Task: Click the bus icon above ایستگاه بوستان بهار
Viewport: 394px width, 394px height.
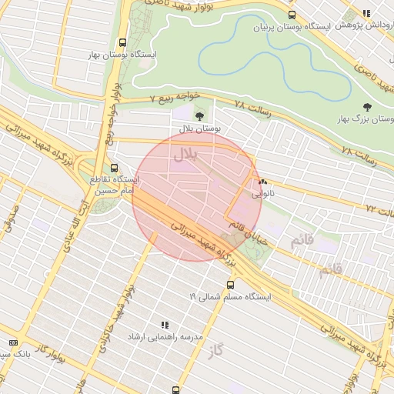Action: (x=123, y=43)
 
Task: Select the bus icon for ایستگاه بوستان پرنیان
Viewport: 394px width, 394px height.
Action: (x=291, y=15)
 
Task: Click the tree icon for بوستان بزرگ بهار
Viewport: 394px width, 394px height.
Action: (x=366, y=107)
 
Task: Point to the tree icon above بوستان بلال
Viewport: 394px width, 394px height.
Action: (x=200, y=116)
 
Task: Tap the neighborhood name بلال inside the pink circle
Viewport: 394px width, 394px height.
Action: (x=185, y=154)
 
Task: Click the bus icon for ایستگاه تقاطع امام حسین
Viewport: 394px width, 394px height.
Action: (x=115, y=167)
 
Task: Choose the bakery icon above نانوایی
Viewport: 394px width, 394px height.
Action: (x=264, y=183)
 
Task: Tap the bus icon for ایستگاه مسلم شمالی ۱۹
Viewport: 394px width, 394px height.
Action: (x=231, y=284)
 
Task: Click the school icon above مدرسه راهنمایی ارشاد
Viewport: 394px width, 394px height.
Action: (x=164, y=326)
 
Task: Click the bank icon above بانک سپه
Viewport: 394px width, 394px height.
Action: (x=12, y=342)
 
